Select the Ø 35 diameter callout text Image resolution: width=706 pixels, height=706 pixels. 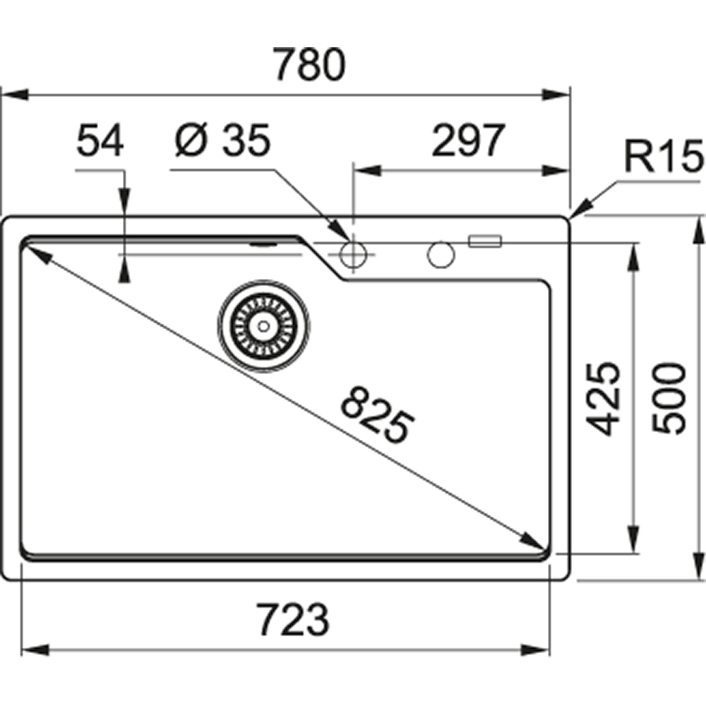click(x=222, y=141)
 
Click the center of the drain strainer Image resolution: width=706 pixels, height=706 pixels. click(x=263, y=325)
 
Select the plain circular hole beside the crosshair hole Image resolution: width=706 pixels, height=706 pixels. click(x=441, y=255)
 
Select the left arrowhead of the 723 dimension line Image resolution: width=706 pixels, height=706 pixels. click(x=32, y=649)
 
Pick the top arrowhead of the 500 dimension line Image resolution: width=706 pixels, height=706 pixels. click(x=699, y=226)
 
